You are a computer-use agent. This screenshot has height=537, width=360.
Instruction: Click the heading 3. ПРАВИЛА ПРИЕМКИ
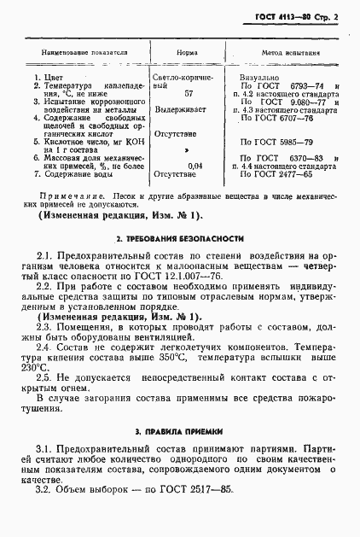coord(180,434)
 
